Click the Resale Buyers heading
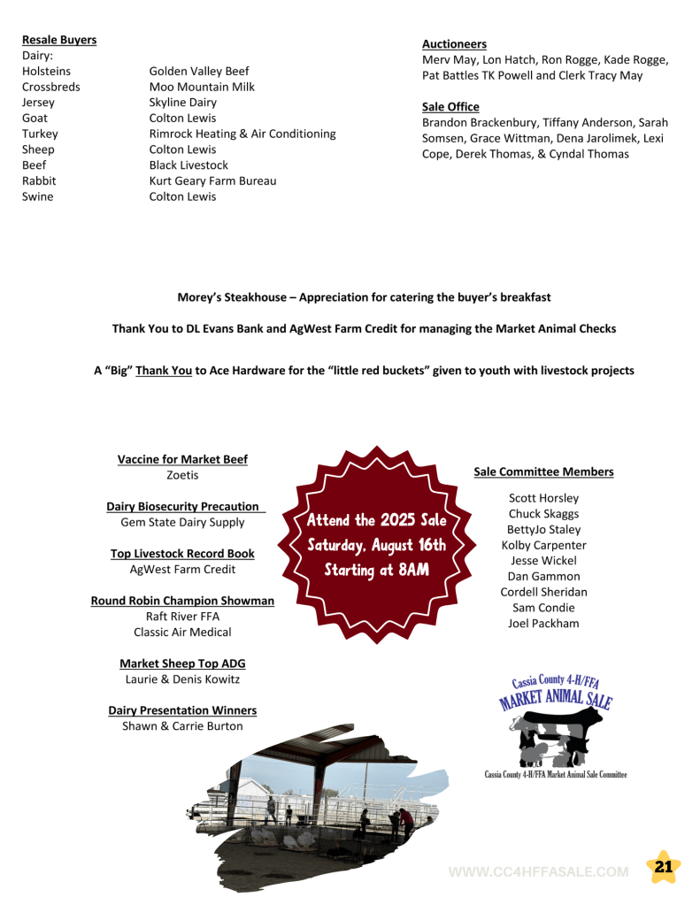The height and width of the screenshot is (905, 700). (59, 40)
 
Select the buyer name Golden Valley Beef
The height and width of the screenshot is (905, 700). (198, 71)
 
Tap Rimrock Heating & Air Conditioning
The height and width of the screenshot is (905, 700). (242, 134)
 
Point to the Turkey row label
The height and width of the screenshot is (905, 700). (40, 134)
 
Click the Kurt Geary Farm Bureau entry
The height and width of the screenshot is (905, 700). (212, 180)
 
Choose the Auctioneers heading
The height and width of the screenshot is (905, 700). (454, 43)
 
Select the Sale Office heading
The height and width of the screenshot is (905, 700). (450, 106)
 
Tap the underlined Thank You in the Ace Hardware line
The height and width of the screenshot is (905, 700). (163, 371)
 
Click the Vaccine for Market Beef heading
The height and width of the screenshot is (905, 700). (182, 459)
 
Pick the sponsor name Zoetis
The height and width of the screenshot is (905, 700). (182, 475)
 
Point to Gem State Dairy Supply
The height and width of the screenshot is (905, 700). (182, 522)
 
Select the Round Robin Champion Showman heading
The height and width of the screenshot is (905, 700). (182, 601)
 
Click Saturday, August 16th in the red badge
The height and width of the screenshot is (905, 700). (376, 545)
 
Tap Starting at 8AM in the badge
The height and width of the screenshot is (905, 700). (376, 570)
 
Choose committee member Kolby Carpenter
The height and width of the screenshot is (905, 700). (543, 545)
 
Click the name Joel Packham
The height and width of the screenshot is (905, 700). (543, 623)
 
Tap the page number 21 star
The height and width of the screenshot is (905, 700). (663, 868)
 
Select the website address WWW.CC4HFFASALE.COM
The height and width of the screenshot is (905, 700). (539, 871)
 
